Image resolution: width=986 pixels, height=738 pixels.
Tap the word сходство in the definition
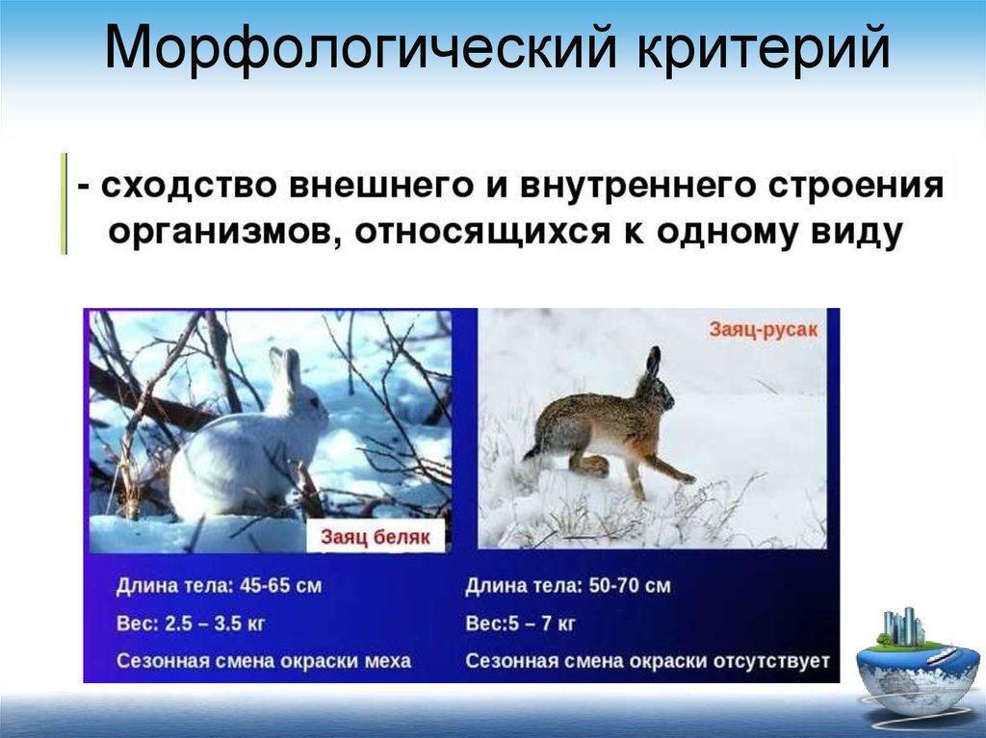pos(189,186)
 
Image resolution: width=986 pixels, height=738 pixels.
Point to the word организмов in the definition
pos(221,232)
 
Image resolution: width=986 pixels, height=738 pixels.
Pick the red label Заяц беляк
pos(376,537)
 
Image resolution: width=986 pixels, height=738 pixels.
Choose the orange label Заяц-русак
pos(764,329)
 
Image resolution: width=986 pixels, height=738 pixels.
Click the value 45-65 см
pos(280,586)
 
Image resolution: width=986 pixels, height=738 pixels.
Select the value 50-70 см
pos(630,586)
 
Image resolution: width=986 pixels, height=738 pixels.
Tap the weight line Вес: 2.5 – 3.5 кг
pos(191,623)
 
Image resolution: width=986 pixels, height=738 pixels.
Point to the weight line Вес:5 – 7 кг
pos(520,623)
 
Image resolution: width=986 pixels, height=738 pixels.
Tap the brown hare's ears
pos(654,363)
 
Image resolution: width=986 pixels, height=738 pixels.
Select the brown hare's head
pos(656,396)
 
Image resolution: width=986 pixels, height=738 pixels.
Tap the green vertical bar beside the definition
pos(64,204)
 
